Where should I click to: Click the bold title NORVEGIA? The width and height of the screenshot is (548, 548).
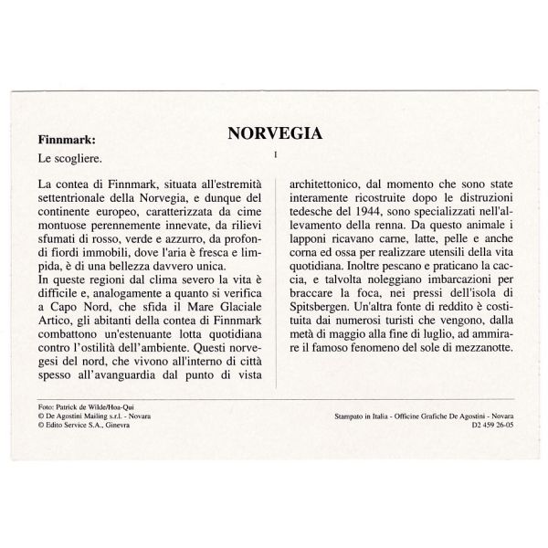tap(274, 133)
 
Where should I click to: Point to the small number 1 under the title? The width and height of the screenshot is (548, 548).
tap(274, 153)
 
